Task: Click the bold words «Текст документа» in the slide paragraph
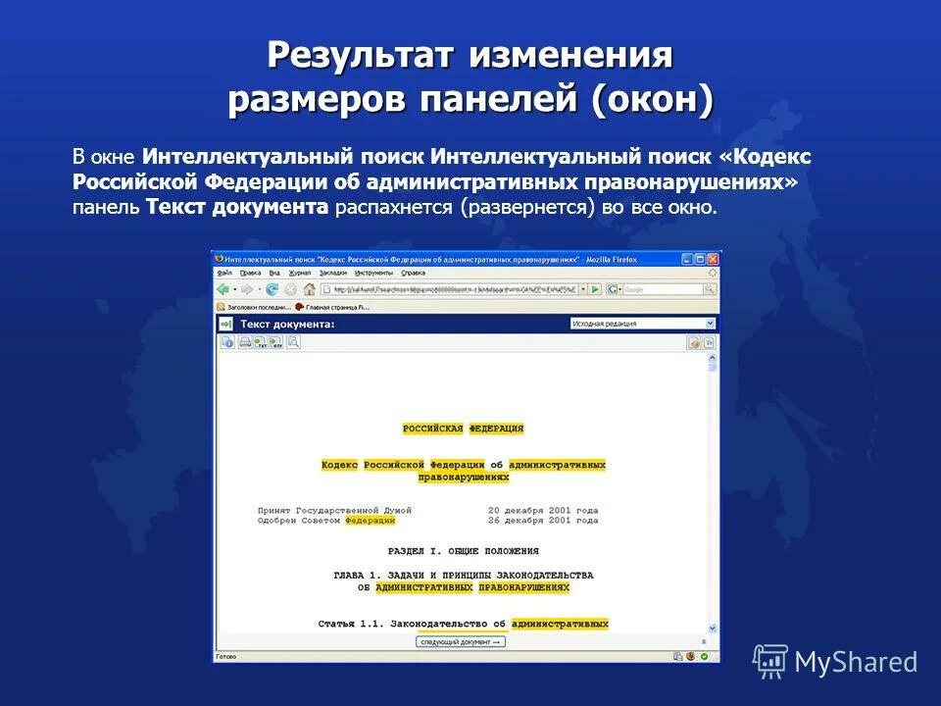tap(236, 207)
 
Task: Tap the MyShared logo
tap(835, 661)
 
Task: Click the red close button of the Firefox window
tap(713, 259)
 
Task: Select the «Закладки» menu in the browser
tap(332, 273)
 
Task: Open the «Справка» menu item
tap(413, 273)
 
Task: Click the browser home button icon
tap(310, 289)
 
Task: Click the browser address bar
tap(451, 289)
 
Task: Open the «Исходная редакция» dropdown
tap(642, 324)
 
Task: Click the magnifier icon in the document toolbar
tap(293, 342)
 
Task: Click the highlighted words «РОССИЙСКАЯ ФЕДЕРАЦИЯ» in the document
tap(463, 429)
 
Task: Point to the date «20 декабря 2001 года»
tap(543, 511)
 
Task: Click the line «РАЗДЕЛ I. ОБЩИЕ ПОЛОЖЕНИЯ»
tap(463, 551)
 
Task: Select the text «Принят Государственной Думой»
tap(334, 511)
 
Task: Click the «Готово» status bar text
tap(226, 656)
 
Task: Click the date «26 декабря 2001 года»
tap(543, 521)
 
